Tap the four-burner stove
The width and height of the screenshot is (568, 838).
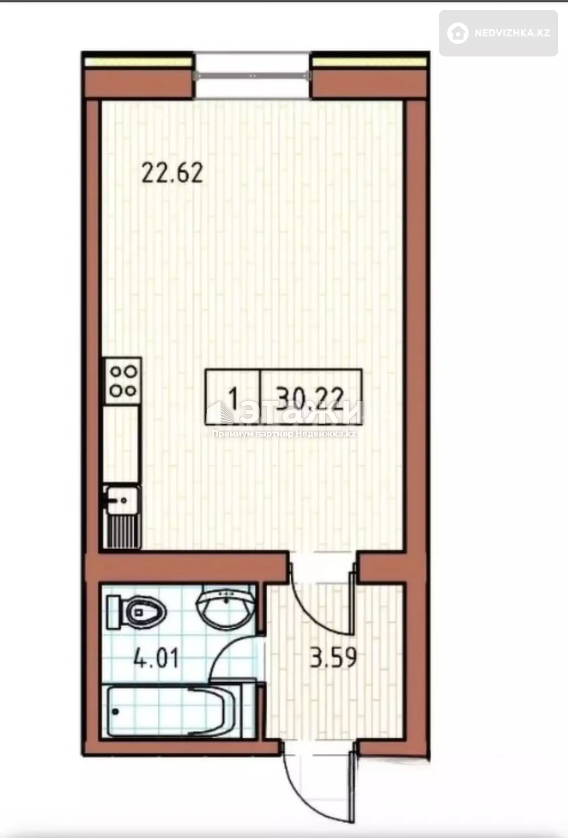click(123, 381)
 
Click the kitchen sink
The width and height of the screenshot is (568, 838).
click(121, 500)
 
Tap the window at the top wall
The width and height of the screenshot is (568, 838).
click(252, 75)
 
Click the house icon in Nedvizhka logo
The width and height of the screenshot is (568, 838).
click(458, 33)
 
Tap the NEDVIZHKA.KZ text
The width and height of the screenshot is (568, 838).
click(512, 33)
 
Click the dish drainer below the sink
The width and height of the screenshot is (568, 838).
click(122, 531)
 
